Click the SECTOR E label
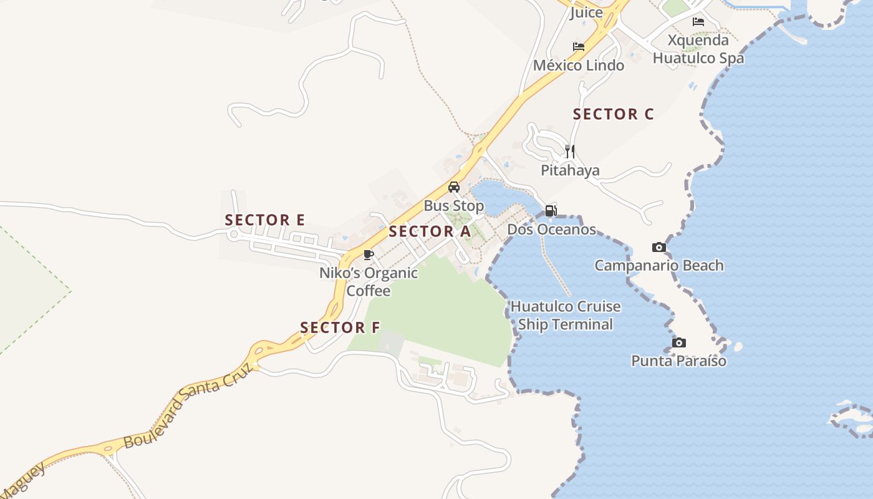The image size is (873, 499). pyautogui.click(x=264, y=220)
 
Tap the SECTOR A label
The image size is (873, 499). pyautogui.click(x=430, y=231)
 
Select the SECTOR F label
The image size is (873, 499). pyautogui.click(x=340, y=327)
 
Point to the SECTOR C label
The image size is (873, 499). pyautogui.click(x=613, y=114)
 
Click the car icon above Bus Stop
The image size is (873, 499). pyautogui.click(x=454, y=187)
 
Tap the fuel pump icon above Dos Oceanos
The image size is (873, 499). pyautogui.click(x=551, y=211)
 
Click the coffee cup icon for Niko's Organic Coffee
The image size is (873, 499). pyautogui.click(x=368, y=254)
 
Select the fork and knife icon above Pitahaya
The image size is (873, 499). pyautogui.click(x=569, y=151)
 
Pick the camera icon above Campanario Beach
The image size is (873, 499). pyautogui.click(x=658, y=248)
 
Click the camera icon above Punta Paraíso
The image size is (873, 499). pyautogui.click(x=679, y=342)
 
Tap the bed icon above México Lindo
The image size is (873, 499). pyautogui.click(x=579, y=47)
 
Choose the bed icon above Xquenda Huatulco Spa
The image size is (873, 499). pyautogui.click(x=698, y=22)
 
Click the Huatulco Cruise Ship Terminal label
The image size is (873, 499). pyautogui.click(x=566, y=316)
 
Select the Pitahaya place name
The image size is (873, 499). pyautogui.click(x=570, y=170)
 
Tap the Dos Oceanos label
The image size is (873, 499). pyautogui.click(x=551, y=230)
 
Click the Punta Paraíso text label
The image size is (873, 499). pyautogui.click(x=678, y=361)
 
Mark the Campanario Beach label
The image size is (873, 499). pyautogui.click(x=658, y=266)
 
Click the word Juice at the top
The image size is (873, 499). pyautogui.click(x=586, y=12)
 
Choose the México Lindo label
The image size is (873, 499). pyautogui.click(x=579, y=65)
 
